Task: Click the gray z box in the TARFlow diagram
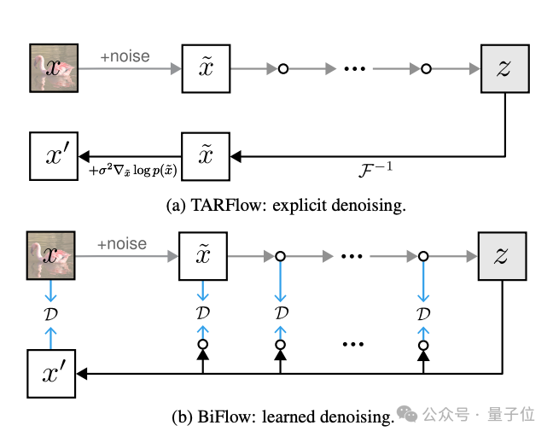coord(505,68)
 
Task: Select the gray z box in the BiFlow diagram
coord(502,256)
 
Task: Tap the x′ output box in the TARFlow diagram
coord(54,156)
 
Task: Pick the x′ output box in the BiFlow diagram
coord(51,374)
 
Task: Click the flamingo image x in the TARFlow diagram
coord(54,68)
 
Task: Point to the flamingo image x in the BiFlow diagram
coord(51,256)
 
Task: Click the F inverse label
coord(375,170)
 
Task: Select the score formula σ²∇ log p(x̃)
coord(133,171)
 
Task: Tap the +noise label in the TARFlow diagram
coord(125,56)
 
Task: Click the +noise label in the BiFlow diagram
coord(122,244)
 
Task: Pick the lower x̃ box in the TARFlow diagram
coord(206,156)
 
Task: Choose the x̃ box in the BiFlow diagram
coord(203,256)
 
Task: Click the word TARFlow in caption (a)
coord(228,206)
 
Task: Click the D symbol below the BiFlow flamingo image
coord(51,313)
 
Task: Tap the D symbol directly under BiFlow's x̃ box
coord(203,313)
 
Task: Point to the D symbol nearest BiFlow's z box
coord(423,313)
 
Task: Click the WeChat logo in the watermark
coord(407,413)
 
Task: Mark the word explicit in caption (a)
coord(300,206)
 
